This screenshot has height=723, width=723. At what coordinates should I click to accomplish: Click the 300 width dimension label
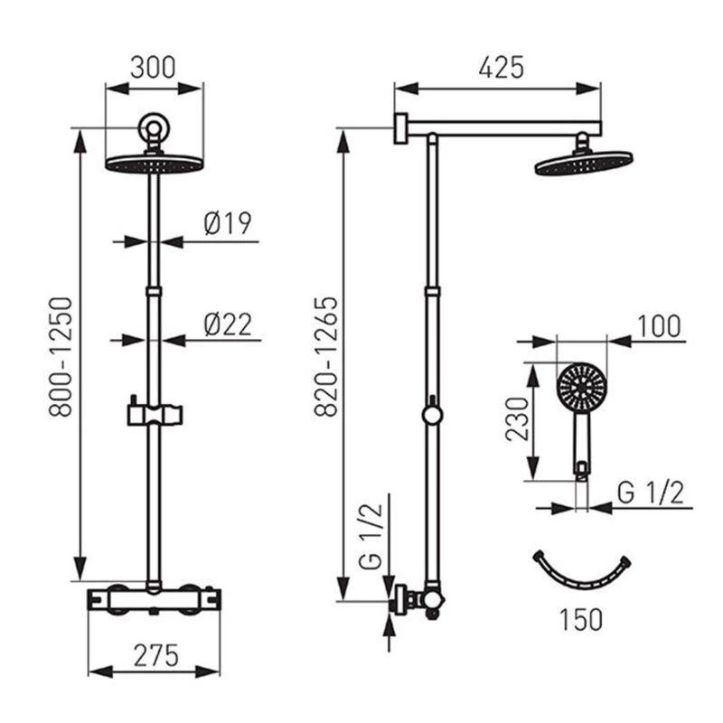click(153, 68)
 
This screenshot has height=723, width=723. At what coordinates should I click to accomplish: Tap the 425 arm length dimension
click(502, 68)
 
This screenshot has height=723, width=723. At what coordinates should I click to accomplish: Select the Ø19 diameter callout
click(228, 223)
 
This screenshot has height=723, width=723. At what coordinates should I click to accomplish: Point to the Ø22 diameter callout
click(228, 324)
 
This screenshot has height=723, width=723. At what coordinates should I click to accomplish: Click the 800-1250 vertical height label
click(61, 357)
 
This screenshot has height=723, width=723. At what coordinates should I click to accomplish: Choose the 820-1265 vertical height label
click(326, 357)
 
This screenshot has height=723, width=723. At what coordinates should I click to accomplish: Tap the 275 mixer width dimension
click(155, 655)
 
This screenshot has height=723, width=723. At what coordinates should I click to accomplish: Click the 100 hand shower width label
click(659, 326)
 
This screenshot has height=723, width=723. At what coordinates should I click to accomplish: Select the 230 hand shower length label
click(517, 419)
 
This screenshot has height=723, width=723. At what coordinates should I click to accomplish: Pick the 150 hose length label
click(581, 619)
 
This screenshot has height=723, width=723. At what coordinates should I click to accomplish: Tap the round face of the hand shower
click(580, 386)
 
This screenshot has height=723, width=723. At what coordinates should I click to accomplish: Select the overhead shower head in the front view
click(154, 164)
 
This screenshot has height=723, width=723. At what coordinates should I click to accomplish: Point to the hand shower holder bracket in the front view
click(155, 414)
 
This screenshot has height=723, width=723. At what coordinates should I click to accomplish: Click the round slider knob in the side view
click(432, 414)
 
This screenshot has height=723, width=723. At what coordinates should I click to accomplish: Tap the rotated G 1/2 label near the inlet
click(371, 537)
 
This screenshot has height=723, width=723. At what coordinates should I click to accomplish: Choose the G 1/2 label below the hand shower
click(650, 493)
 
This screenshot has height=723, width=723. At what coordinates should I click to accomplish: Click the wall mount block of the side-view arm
click(401, 128)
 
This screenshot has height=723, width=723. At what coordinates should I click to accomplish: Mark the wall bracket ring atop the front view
click(154, 127)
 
